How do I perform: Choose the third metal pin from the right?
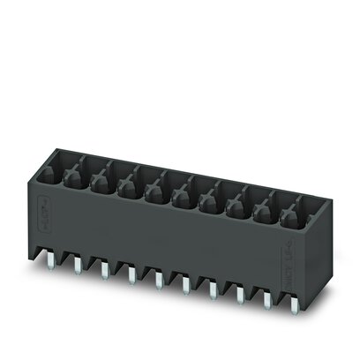click(x=240, y=294)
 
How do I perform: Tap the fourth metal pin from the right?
click(x=213, y=289)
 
